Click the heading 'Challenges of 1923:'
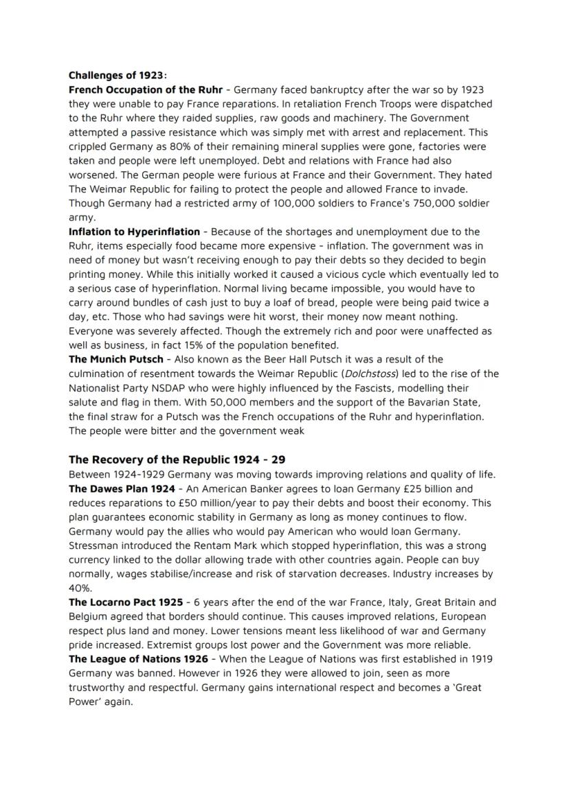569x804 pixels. (x=118, y=76)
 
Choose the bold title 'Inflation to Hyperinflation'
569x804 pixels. (x=134, y=232)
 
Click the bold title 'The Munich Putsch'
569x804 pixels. (x=115, y=360)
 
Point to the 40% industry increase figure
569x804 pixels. (x=80, y=588)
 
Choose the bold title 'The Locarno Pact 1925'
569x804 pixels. (x=126, y=602)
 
